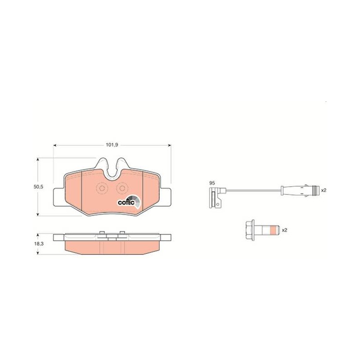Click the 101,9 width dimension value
112,145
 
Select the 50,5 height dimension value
38,187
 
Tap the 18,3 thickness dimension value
39,244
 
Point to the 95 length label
212,183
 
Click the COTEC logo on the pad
129,201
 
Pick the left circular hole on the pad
101,189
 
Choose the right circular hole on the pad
122,189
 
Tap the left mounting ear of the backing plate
59,197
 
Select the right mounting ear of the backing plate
165,197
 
